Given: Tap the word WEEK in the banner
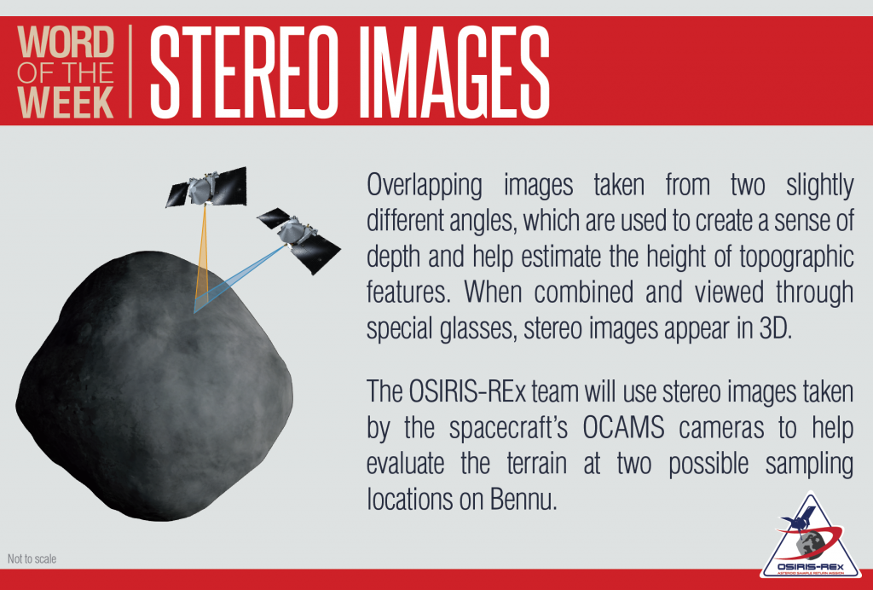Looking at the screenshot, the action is click(x=66, y=101).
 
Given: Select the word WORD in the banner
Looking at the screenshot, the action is click(x=66, y=42).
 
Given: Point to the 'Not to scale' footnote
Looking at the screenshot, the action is click(x=32, y=558).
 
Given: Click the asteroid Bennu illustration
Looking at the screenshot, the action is click(x=154, y=385).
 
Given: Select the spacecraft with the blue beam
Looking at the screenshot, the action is click(x=299, y=240).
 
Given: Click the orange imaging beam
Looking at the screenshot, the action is click(x=204, y=254).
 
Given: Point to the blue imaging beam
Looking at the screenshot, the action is click(x=240, y=280).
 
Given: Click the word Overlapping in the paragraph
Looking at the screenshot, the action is click(x=425, y=186).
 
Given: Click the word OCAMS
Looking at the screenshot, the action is click(x=623, y=427).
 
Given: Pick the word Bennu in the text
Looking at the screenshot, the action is click(x=523, y=499).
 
